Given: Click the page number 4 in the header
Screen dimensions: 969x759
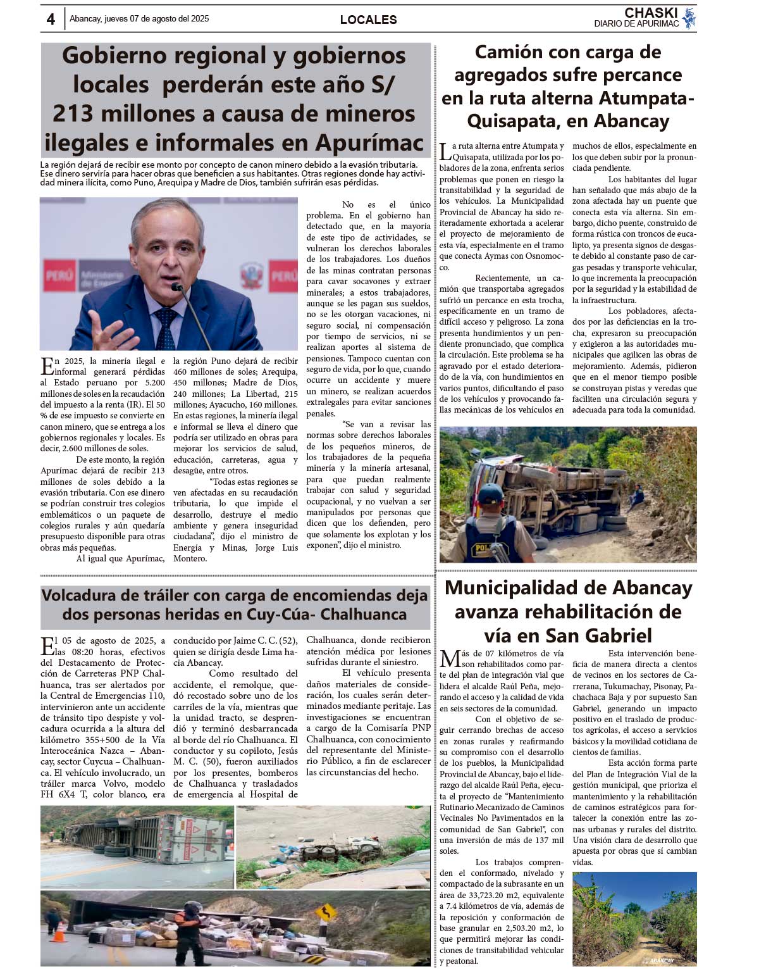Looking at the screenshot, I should tap(51, 19).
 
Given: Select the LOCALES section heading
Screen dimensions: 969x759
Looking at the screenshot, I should tap(368, 20).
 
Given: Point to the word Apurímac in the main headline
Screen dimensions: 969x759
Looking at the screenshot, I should tap(369, 142).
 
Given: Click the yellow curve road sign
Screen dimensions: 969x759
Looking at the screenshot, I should tap(326, 912).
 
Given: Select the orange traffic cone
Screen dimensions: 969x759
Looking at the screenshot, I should tap(59, 933).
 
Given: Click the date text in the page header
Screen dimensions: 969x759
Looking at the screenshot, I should tap(139, 19).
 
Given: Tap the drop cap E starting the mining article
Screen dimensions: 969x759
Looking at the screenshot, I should tap(47, 365).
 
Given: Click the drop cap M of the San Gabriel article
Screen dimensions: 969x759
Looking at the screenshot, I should tap(450, 659).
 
